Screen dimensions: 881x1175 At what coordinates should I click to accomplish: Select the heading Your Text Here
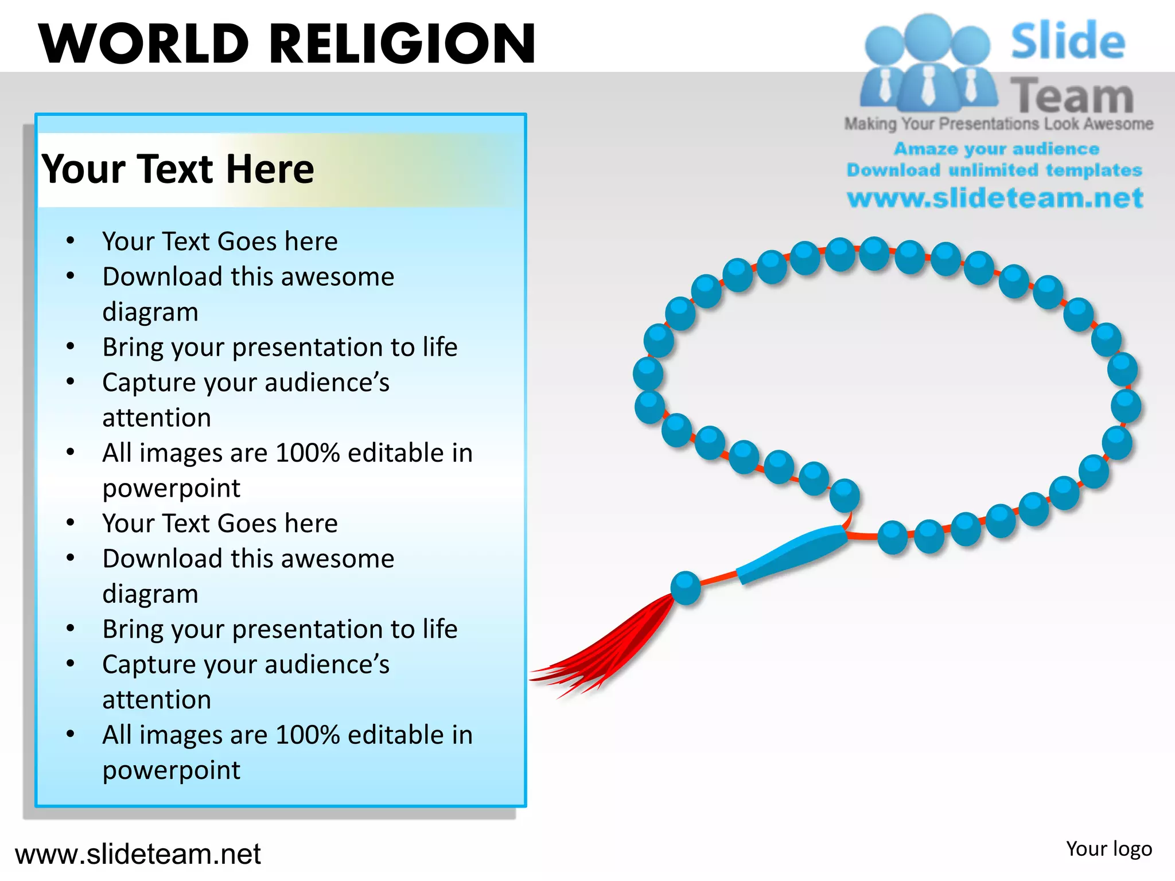point(178,169)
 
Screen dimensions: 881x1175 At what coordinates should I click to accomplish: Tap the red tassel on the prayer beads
point(608,648)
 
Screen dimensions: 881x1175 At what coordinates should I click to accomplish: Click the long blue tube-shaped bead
point(792,553)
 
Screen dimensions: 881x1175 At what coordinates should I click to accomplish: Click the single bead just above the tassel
point(686,587)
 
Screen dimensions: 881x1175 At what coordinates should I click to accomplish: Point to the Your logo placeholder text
point(1108,849)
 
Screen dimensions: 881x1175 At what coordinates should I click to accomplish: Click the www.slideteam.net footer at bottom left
point(138,854)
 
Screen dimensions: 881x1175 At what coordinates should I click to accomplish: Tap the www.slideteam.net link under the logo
point(995,198)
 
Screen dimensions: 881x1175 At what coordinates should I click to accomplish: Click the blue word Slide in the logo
point(1067,41)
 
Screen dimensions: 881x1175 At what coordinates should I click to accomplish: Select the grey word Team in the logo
point(1072,95)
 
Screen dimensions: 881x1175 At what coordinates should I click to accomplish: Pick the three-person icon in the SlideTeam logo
point(928,63)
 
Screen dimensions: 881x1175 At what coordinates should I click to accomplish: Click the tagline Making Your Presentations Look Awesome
point(998,124)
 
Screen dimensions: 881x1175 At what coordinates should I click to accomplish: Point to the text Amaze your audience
point(996,149)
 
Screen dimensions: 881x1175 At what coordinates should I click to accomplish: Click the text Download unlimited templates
point(994,170)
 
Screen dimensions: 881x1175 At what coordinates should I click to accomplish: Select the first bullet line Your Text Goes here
point(220,241)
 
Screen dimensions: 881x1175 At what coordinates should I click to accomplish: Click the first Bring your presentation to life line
point(280,347)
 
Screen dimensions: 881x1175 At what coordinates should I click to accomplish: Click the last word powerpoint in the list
point(171,770)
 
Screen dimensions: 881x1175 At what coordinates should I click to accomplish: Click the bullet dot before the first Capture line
point(70,381)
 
